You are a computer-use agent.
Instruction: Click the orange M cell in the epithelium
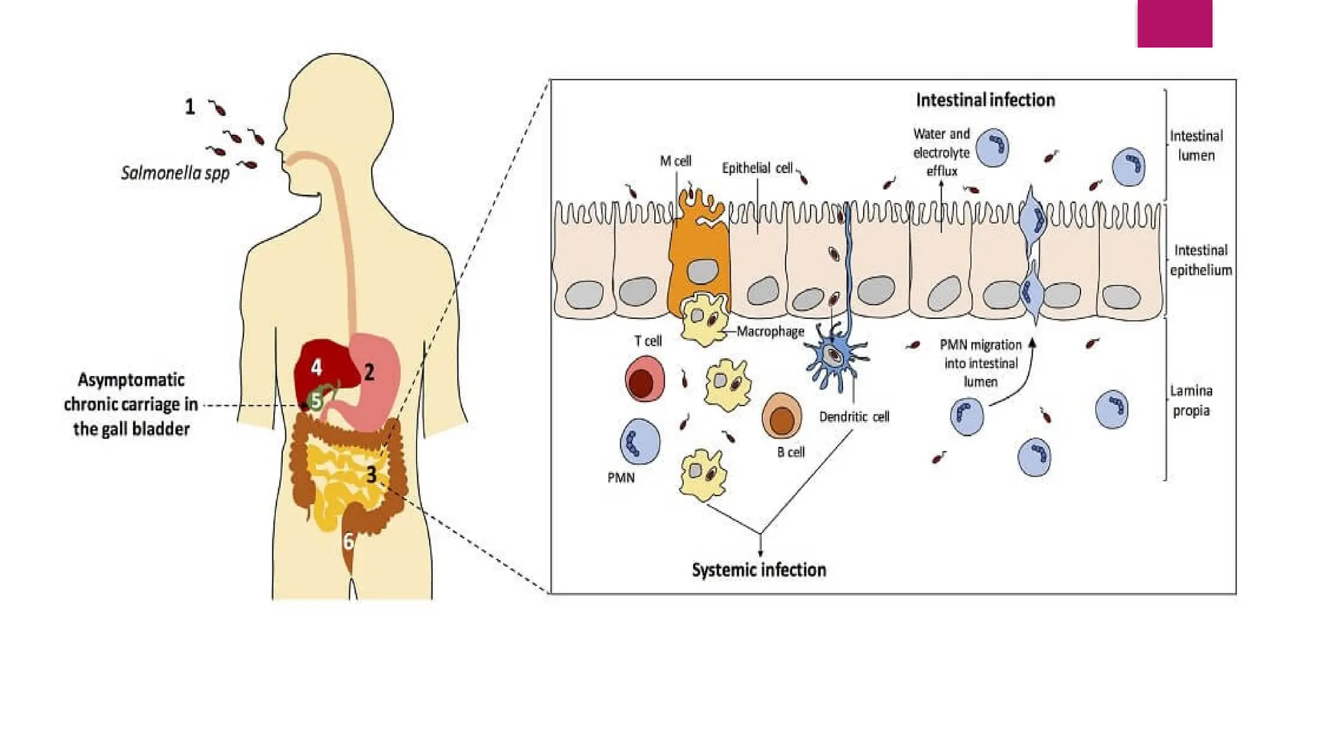[699, 259]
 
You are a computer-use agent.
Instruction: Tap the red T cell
[644, 379]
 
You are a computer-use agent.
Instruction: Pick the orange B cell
[781, 416]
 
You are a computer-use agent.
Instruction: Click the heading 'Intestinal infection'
[985, 100]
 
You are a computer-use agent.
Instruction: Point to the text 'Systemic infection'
[759, 570]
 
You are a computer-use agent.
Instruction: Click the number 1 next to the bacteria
[189, 107]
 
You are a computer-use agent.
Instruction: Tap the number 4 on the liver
[316, 368]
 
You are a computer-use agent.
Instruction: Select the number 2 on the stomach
[369, 372]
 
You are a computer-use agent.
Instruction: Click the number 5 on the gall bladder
[316, 401]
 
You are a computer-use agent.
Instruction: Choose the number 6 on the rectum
[348, 541]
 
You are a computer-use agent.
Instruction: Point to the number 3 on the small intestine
[371, 475]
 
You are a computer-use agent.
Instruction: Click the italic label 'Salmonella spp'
[175, 173]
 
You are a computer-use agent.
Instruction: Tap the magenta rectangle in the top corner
[1174, 23]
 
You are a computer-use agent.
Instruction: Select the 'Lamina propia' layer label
[1191, 401]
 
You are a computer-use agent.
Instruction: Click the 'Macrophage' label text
[770, 331]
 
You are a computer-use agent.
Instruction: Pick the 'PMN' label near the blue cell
[621, 478]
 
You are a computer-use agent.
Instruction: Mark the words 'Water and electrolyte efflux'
[941, 152]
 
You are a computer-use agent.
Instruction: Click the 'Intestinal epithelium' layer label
[1201, 260]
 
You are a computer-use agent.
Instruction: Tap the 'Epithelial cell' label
[757, 168]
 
